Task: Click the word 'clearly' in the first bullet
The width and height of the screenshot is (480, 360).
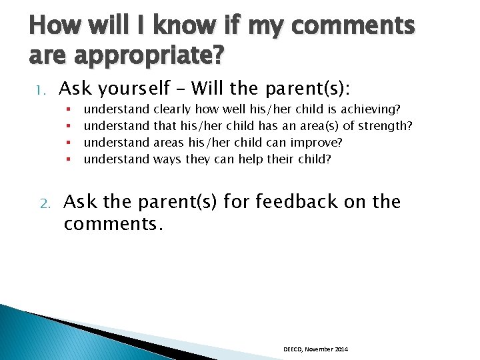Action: pos(172,109)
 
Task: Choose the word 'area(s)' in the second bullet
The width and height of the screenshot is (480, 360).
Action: pos(319,126)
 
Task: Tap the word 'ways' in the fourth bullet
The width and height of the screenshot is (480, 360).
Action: pos(166,159)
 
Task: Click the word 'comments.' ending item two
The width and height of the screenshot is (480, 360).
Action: pos(113,224)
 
